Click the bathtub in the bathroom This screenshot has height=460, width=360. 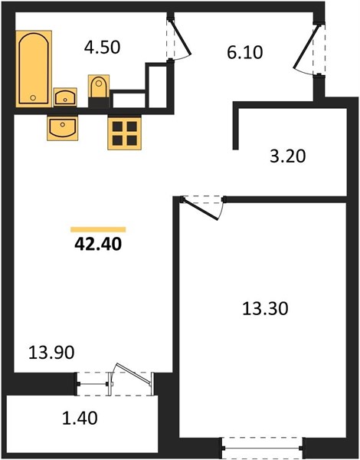(x=34, y=69)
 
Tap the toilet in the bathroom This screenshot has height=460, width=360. (x=99, y=87)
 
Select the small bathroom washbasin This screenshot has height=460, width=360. (x=65, y=97)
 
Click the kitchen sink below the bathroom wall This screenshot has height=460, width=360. (x=63, y=128)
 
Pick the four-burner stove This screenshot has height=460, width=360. (x=125, y=133)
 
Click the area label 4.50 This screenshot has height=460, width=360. (x=102, y=48)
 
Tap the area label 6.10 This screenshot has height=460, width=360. (x=245, y=52)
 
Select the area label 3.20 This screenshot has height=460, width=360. (x=287, y=156)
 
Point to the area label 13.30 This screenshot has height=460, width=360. (x=265, y=309)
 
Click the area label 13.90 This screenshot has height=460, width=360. (x=51, y=353)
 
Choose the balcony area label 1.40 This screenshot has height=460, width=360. (x=80, y=418)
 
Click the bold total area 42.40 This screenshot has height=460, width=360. (x=98, y=244)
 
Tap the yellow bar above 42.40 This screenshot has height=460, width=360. (x=98, y=230)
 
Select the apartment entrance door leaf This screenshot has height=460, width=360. (x=306, y=48)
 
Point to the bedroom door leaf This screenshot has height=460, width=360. (x=200, y=209)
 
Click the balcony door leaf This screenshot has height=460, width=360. (x=133, y=374)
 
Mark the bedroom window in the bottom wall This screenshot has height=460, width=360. (x=263, y=448)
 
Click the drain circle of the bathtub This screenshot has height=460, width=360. (x=33, y=97)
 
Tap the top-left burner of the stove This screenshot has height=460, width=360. (x=117, y=127)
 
